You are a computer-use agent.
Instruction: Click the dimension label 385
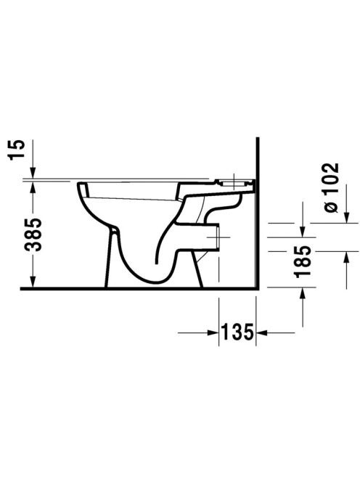(x=33, y=234)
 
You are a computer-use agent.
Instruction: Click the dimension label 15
(x=17, y=150)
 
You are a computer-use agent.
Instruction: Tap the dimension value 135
(x=237, y=332)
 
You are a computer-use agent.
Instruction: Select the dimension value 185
(x=302, y=261)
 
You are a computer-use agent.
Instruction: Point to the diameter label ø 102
(x=331, y=187)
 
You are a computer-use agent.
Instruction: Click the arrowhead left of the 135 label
(x=213, y=332)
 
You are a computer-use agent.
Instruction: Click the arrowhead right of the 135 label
(x=261, y=332)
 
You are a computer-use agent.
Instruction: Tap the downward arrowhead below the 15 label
(x=33, y=173)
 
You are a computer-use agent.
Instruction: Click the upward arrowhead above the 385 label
(x=33, y=187)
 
